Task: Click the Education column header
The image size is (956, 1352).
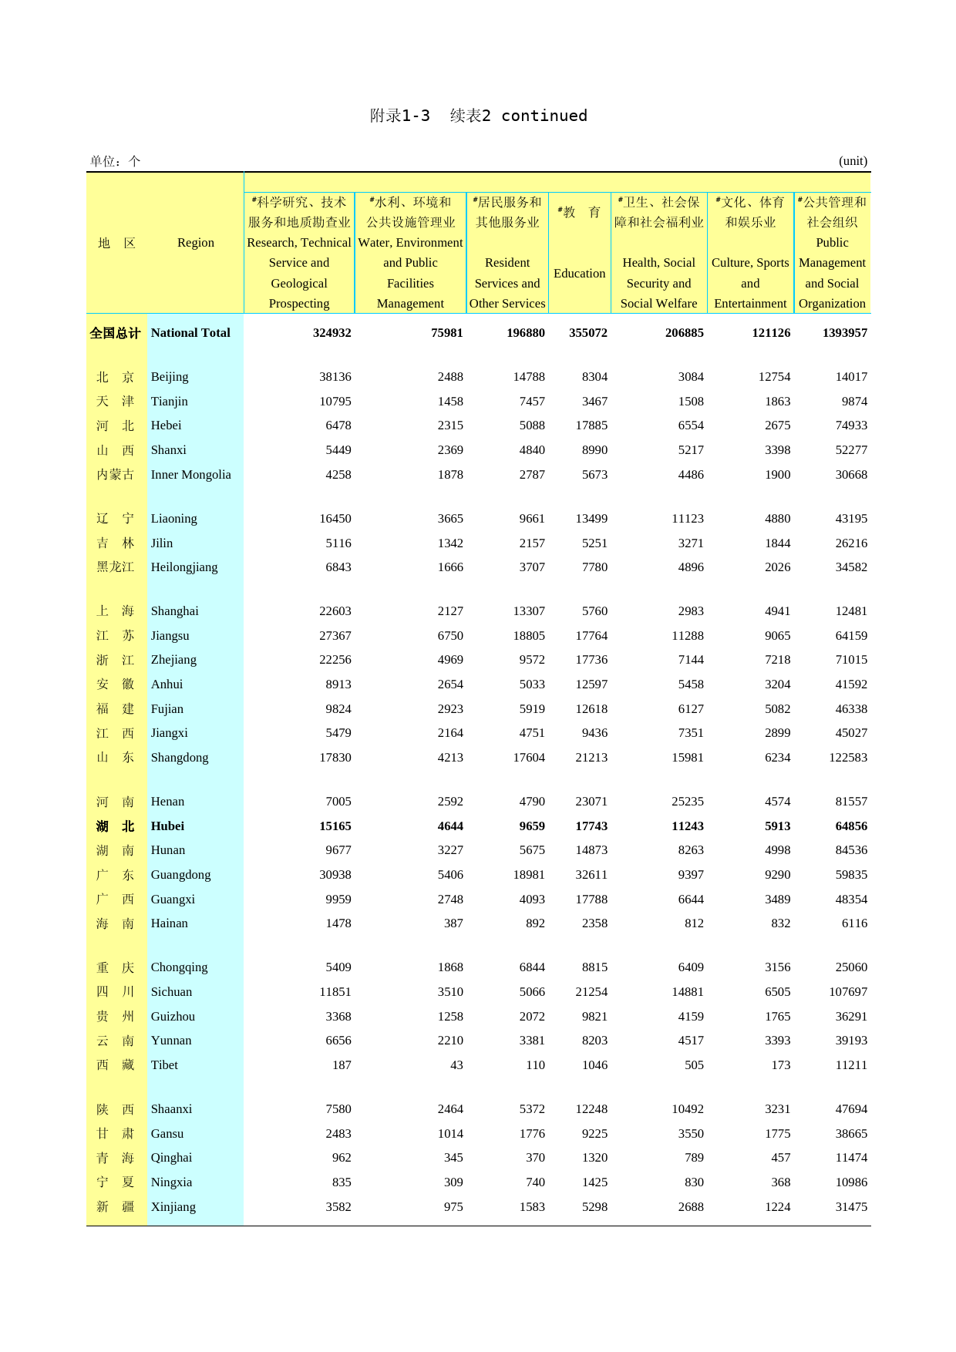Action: tap(579, 274)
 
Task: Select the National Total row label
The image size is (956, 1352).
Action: tap(190, 333)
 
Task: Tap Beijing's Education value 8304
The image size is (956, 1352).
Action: tap(594, 377)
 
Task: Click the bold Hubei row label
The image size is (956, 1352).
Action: tap(167, 826)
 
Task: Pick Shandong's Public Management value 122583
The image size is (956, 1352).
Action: tap(848, 758)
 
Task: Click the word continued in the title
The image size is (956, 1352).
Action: tap(544, 116)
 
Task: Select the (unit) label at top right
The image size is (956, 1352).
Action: tap(853, 161)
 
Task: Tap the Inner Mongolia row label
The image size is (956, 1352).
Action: tap(190, 475)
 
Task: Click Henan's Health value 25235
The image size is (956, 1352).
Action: tap(687, 802)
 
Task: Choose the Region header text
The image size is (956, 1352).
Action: tap(196, 243)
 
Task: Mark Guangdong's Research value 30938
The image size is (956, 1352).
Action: tap(335, 875)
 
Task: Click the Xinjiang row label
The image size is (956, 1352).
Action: tap(173, 1207)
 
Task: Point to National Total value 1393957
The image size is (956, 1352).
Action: tap(845, 333)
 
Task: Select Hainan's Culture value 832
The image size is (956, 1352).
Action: tap(780, 923)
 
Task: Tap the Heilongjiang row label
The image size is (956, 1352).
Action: tap(184, 567)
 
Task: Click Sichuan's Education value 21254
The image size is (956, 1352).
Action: tap(591, 992)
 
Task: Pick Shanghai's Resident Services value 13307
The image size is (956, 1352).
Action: tap(529, 611)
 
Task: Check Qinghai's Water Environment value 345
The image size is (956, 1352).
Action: tap(453, 1158)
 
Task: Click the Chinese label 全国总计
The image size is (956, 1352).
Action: tap(115, 333)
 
